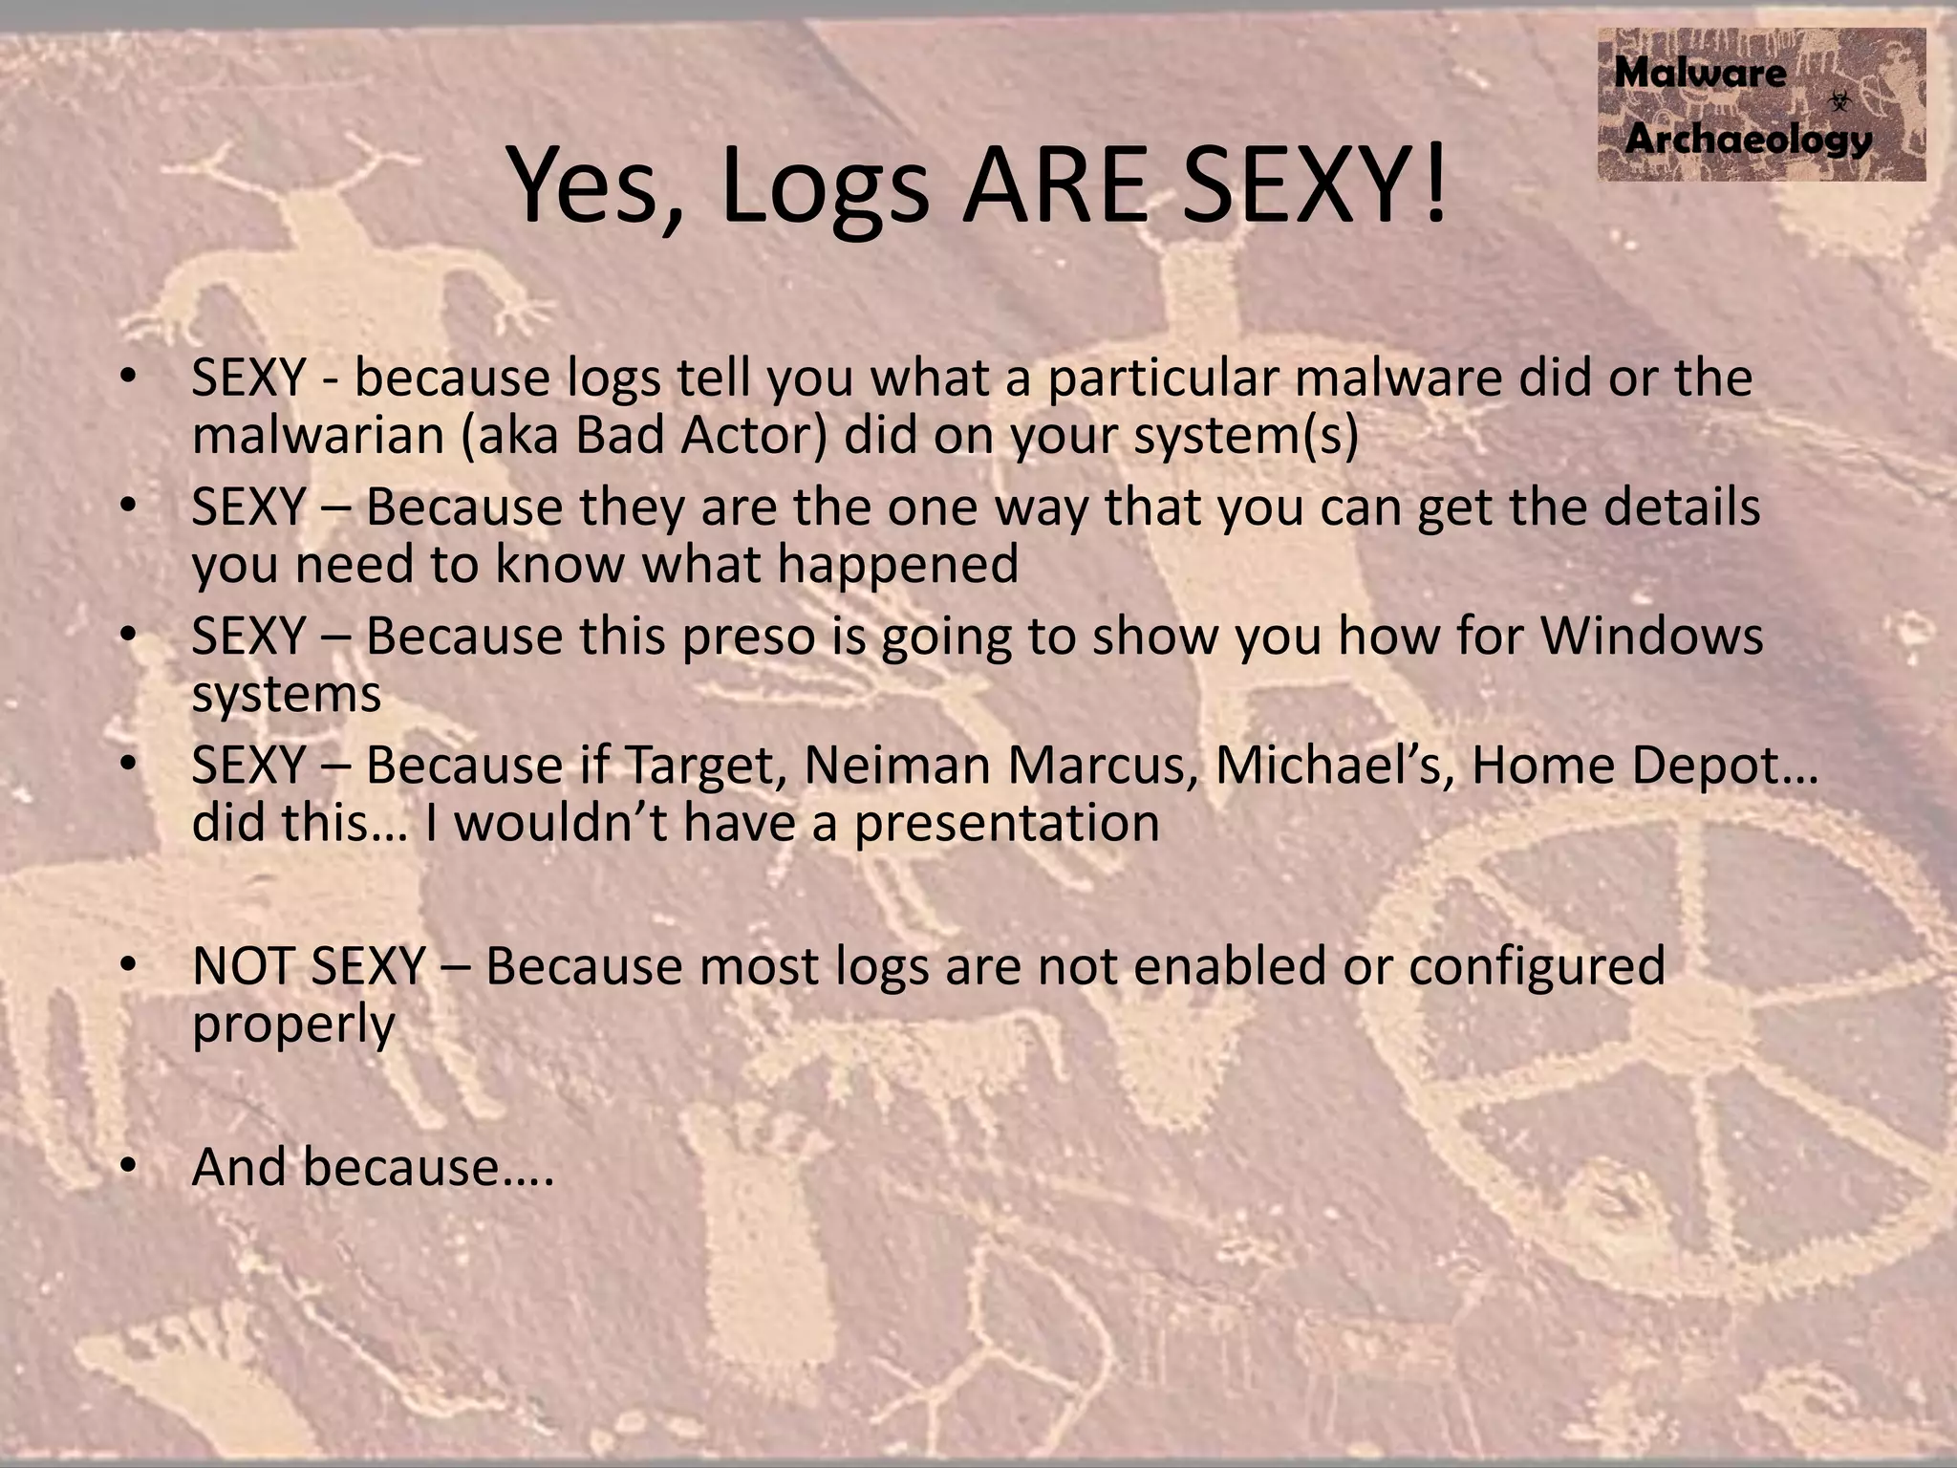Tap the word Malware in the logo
point(1699,74)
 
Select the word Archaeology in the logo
point(1748,140)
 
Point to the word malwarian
point(317,436)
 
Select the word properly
point(292,1025)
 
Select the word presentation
point(1006,823)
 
